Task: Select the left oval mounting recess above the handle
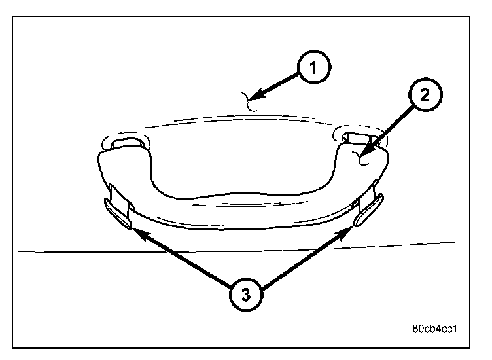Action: point(126,141)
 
